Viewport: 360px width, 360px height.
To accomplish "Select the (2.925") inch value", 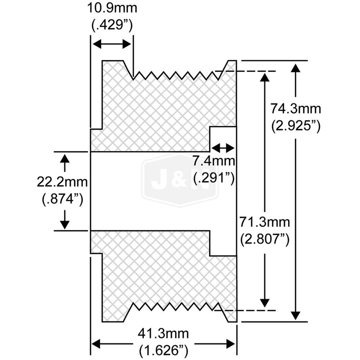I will (296, 126).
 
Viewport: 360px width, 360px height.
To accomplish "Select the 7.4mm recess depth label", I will (214, 161).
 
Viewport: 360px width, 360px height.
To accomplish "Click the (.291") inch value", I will (214, 179).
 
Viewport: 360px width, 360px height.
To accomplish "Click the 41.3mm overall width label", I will (164, 333).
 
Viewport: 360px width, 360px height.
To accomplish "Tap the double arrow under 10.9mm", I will (112, 44).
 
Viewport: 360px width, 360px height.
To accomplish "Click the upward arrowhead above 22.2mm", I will (66, 158).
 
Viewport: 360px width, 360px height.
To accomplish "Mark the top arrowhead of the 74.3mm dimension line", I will (295, 67).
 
